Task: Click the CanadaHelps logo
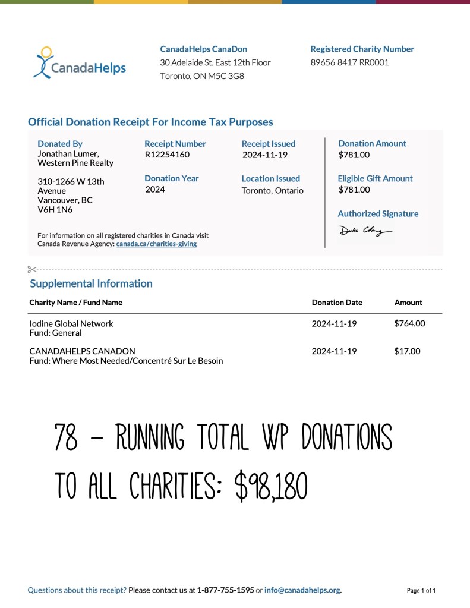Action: (80, 63)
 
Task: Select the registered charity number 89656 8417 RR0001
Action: (349, 62)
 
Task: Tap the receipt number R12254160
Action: (167, 155)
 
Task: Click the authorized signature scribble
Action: (365, 231)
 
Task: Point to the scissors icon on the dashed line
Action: (32, 269)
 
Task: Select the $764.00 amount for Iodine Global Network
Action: (409, 323)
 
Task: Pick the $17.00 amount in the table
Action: (407, 351)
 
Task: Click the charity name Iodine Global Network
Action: (71, 324)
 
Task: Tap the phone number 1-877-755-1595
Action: (225, 590)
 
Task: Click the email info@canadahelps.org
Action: (302, 590)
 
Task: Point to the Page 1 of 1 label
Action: (421, 591)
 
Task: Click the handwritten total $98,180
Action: (271, 487)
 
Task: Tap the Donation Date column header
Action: (337, 303)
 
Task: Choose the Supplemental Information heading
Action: (91, 283)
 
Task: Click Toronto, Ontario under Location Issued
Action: (272, 191)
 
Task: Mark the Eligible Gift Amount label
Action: (375, 178)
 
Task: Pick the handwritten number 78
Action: (65, 438)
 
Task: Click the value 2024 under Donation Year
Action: (155, 190)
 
